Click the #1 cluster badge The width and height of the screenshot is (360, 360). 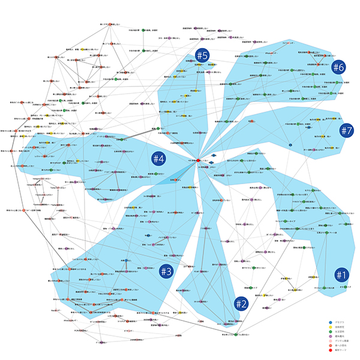(x=341, y=275)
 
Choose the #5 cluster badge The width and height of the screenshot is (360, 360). (x=202, y=56)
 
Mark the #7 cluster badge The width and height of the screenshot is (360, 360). (x=346, y=130)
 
